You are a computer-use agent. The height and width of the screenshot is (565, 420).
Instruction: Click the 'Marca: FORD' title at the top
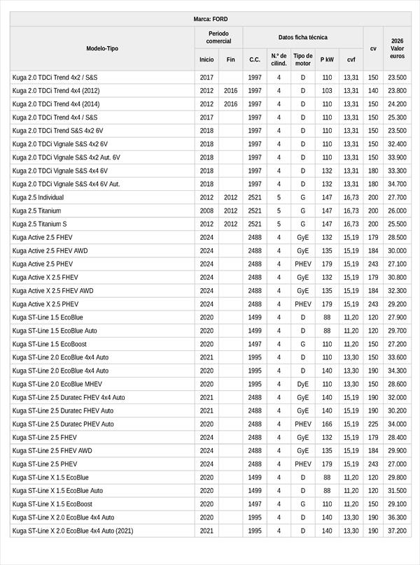pyautogui.click(x=210, y=19)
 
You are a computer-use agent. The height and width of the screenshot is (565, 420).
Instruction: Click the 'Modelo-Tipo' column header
pyautogui.click(x=102, y=48)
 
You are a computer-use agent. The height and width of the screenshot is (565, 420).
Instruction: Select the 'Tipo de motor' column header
pyautogui.click(x=303, y=59)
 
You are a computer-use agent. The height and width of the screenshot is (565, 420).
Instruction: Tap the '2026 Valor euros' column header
pyautogui.click(x=397, y=48)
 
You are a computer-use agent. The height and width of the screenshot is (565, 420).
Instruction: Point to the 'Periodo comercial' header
pyautogui.click(x=219, y=37)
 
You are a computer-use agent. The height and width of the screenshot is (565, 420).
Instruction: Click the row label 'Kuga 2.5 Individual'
pyautogui.click(x=38, y=198)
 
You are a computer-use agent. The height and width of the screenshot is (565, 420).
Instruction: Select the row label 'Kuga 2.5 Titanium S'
pyautogui.click(x=39, y=224)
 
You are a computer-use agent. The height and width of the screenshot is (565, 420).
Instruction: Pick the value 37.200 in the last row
pyautogui.click(x=397, y=531)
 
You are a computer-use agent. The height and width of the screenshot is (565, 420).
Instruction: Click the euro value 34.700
pyautogui.click(x=397, y=185)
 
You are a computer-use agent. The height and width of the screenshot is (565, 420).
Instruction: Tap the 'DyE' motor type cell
pyautogui.click(x=303, y=384)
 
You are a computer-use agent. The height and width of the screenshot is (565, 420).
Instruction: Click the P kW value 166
pyautogui.click(x=327, y=424)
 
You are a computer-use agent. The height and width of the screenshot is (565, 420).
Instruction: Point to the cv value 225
pyautogui.click(x=373, y=424)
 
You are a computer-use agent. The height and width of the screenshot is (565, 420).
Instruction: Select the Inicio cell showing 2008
pyautogui.click(x=206, y=211)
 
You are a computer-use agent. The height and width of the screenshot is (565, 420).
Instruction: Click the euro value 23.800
pyautogui.click(x=397, y=91)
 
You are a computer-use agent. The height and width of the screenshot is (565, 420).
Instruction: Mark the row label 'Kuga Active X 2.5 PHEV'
pyautogui.click(x=45, y=304)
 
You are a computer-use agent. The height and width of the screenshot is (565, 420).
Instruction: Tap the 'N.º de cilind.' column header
pyautogui.click(x=279, y=59)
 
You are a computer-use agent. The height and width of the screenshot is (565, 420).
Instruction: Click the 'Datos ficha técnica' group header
pyautogui.click(x=302, y=37)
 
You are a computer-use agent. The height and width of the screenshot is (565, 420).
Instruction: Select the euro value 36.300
pyautogui.click(x=397, y=517)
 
